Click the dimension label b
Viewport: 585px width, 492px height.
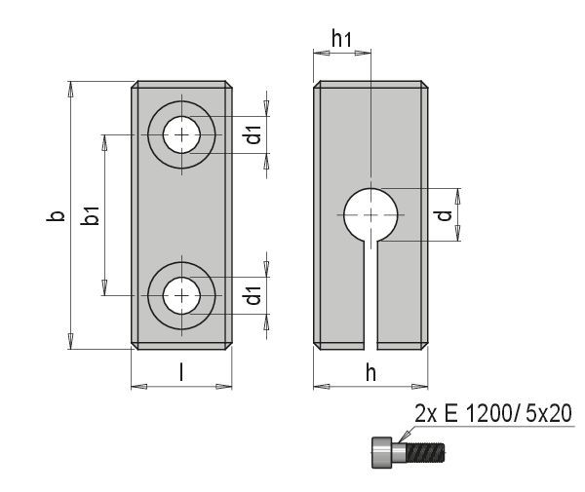(x=58, y=215)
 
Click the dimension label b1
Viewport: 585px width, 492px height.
(x=91, y=215)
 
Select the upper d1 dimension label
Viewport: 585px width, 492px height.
(x=253, y=135)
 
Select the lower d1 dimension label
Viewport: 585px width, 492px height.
(x=253, y=294)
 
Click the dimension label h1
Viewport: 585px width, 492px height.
(x=341, y=40)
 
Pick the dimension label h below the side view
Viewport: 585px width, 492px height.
(x=370, y=370)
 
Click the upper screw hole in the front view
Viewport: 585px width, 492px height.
(x=181, y=134)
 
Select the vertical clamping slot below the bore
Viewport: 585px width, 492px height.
(x=370, y=292)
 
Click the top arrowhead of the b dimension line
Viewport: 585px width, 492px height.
(x=70, y=88)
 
